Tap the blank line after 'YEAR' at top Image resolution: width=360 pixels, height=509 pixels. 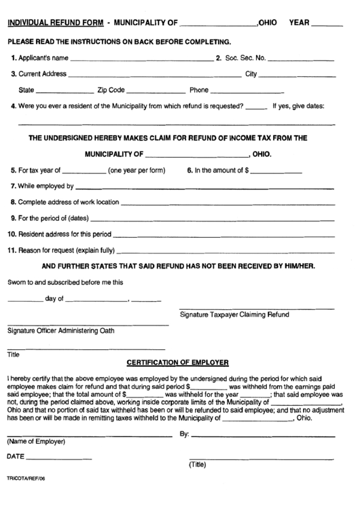(x=329, y=26)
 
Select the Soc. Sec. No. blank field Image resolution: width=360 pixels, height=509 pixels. (x=302, y=60)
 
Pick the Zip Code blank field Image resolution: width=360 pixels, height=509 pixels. (x=157, y=92)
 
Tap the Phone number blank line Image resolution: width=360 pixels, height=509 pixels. (x=247, y=92)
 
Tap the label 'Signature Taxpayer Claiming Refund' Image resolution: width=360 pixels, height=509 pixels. (x=234, y=315)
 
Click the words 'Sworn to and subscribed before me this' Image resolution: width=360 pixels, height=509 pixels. (x=65, y=282)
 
